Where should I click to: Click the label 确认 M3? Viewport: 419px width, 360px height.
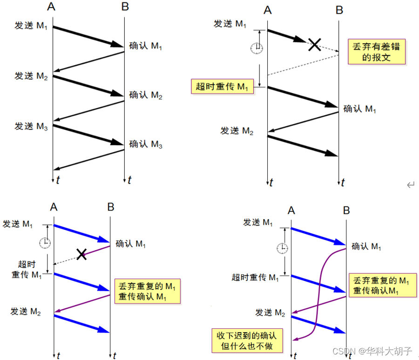pyautogui.click(x=145, y=144)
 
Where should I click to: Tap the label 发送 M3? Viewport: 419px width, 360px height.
pyautogui.click(x=31, y=126)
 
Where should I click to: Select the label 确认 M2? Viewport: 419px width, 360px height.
pyautogui.click(x=145, y=95)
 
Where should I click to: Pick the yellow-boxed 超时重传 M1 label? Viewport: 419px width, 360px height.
pyautogui.click(x=223, y=87)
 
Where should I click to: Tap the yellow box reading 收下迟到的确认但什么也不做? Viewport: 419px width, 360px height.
pyautogui.click(x=247, y=340)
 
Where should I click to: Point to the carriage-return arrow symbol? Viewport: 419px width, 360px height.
pyautogui.click(x=410, y=185)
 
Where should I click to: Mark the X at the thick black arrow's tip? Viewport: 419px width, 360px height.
pyautogui.click(x=315, y=44)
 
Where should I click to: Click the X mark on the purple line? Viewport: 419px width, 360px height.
pyautogui.click(x=82, y=254)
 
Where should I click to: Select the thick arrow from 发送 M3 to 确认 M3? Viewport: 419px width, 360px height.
pyautogui.click(x=88, y=135)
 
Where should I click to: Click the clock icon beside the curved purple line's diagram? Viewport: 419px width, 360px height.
pyautogui.click(x=282, y=248)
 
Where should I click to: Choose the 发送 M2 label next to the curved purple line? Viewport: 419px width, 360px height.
pyautogui.click(x=270, y=312)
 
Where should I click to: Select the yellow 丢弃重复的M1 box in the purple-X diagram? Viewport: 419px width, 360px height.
pyautogui.click(x=147, y=291)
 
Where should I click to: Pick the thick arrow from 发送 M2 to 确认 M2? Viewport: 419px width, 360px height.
pyautogui.click(x=88, y=86)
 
